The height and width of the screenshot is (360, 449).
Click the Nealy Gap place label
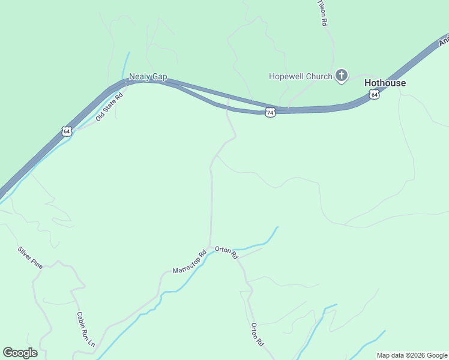pos(148,77)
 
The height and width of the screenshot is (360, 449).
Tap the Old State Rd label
pos(109,106)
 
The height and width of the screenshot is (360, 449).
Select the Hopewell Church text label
pos(300,76)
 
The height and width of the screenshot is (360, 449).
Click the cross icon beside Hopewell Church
pos(341,76)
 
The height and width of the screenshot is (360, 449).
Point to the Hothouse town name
pos(385,83)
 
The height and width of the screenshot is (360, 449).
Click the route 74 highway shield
pos(270,112)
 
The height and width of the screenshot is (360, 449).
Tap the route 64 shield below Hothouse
pos(375,95)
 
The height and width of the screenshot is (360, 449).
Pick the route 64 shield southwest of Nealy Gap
pos(66,131)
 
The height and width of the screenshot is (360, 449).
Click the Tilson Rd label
pos(323,12)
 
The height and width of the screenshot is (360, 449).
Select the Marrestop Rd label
pos(190,262)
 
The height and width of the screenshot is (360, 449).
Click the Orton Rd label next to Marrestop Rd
pos(227,253)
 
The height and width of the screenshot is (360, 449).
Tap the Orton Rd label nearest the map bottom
pos(257,335)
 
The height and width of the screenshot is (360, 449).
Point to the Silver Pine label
pos(30,257)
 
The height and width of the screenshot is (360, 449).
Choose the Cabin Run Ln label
pos(86,329)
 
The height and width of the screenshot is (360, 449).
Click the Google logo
pos(20,353)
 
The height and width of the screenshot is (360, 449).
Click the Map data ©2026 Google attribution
pos(411,355)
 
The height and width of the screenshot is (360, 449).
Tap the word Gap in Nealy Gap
pos(159,77)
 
